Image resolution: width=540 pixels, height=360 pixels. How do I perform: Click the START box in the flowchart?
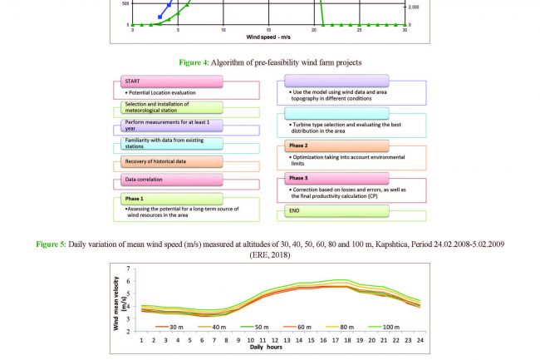[170, 81]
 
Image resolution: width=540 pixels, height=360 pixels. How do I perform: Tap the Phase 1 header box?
[170, 199]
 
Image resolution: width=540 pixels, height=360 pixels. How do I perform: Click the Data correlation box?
[170, 179]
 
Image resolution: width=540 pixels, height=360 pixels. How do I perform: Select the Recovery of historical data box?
[170, 160]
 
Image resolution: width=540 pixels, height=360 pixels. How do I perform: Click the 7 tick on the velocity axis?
[128, 269]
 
